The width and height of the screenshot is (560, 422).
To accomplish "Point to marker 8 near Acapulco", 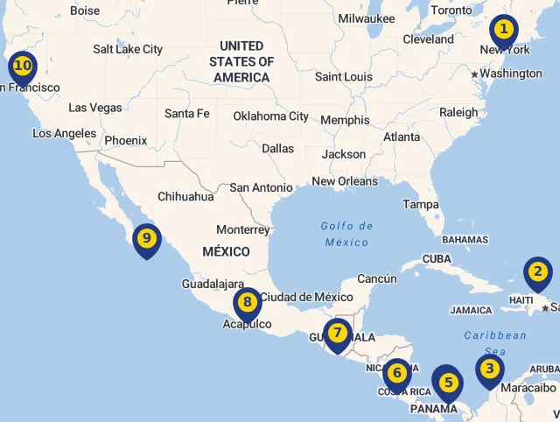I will tap(248, 304).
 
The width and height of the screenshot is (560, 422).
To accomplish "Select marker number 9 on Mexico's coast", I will tap(146, 239).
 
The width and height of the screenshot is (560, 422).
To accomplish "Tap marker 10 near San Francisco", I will tap(23, 67).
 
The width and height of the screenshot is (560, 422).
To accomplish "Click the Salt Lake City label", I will tap(128, 50).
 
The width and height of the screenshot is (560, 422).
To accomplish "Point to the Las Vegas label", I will tap(95, 108).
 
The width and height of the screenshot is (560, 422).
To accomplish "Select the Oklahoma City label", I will tap(270, 116).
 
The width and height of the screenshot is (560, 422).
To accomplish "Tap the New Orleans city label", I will tap(345, 181).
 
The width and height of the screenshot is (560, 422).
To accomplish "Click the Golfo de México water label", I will tap(346, 234).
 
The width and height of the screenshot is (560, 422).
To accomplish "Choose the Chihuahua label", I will tap(185, 197).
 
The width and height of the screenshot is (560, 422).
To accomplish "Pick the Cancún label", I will tap(377, 279).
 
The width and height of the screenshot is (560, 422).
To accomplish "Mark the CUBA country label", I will tap(437, 259).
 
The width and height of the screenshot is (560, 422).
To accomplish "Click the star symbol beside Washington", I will tap(475, 74).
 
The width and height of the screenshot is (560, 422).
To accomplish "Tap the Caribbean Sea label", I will tap(495, 342).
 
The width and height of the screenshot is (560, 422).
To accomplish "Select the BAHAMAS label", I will tap(465, 239).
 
